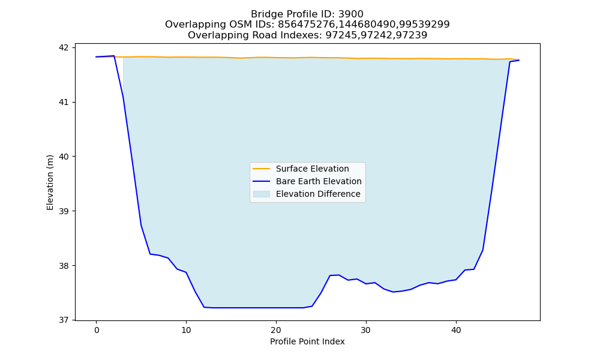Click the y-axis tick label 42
64,48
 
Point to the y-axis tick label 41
64,103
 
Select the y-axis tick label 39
64,211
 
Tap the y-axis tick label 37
64,320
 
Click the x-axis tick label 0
97,330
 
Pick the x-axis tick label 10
186,330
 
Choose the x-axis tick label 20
276,330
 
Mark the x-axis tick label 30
366,330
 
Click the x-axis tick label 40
456,330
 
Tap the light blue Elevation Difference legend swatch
262,194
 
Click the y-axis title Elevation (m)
50,182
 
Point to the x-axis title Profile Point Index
307,341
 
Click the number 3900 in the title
351,14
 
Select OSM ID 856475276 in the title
306,25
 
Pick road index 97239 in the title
412,35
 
